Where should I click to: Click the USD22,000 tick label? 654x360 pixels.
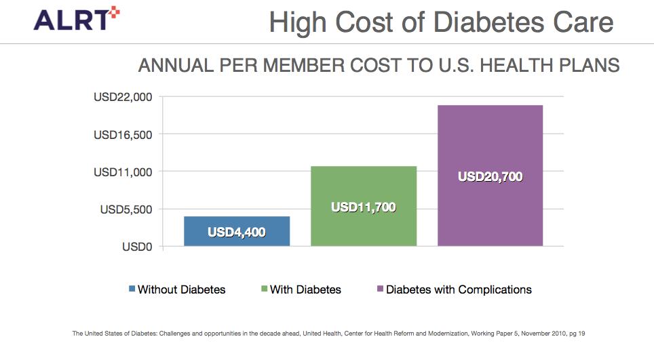tap(123, 97)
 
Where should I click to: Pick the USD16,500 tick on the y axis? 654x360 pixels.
tap(123, 134)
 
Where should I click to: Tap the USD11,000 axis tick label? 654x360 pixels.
tap(123, 172)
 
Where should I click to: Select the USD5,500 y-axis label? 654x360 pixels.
tap(127, 209)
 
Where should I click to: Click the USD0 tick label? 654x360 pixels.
tap(137, 247)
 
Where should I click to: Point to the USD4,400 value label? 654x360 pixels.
tap(237, 233)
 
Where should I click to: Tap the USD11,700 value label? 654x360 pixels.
tap(363, 207)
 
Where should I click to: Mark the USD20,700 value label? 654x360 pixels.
tap(490, 176)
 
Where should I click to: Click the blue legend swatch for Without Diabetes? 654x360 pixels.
tap(132, 289)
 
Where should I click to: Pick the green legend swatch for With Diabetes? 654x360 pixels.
tap(264, 289)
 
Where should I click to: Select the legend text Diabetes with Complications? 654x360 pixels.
tap(459, 289)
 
